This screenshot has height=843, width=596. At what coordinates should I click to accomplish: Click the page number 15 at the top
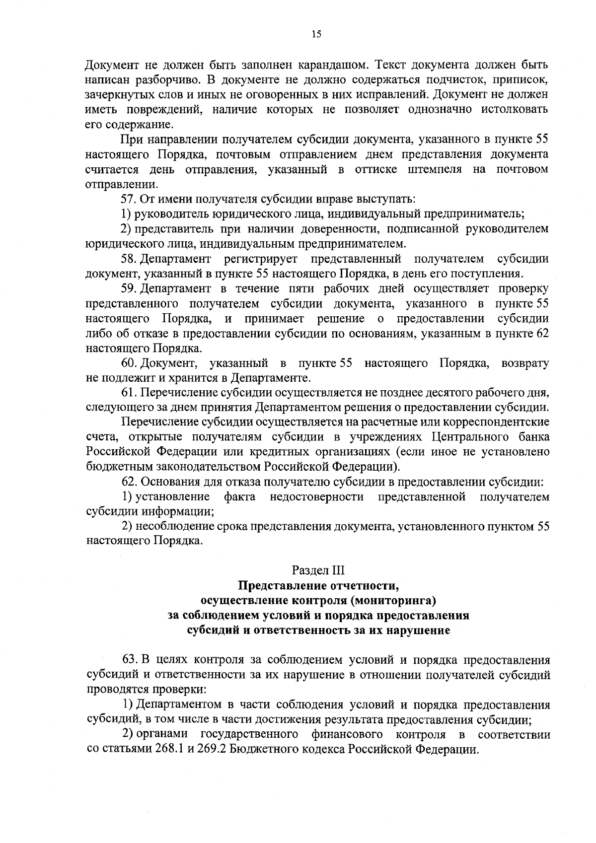click(x=316, y=34)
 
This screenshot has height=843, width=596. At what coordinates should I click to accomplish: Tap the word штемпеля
click(x=430, y=169)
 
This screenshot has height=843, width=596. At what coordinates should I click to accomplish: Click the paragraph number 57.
click(x=129, y=199)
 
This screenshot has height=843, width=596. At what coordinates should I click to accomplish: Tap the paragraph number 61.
click(x=129, y=393)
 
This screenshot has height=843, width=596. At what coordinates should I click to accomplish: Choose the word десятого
click(x=441, y=393)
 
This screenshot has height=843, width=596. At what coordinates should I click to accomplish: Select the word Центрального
click(x=466, y=437)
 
